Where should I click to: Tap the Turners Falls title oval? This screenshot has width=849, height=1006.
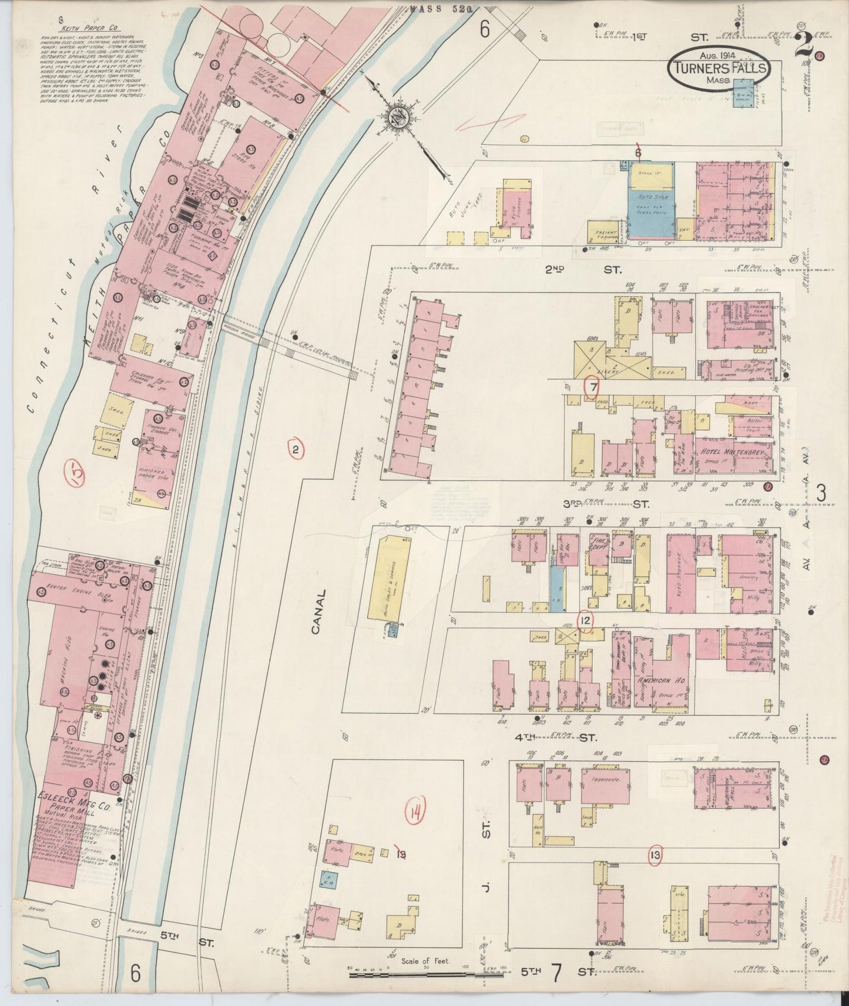pos(719,68)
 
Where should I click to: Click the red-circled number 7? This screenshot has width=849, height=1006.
pos(593,387)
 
